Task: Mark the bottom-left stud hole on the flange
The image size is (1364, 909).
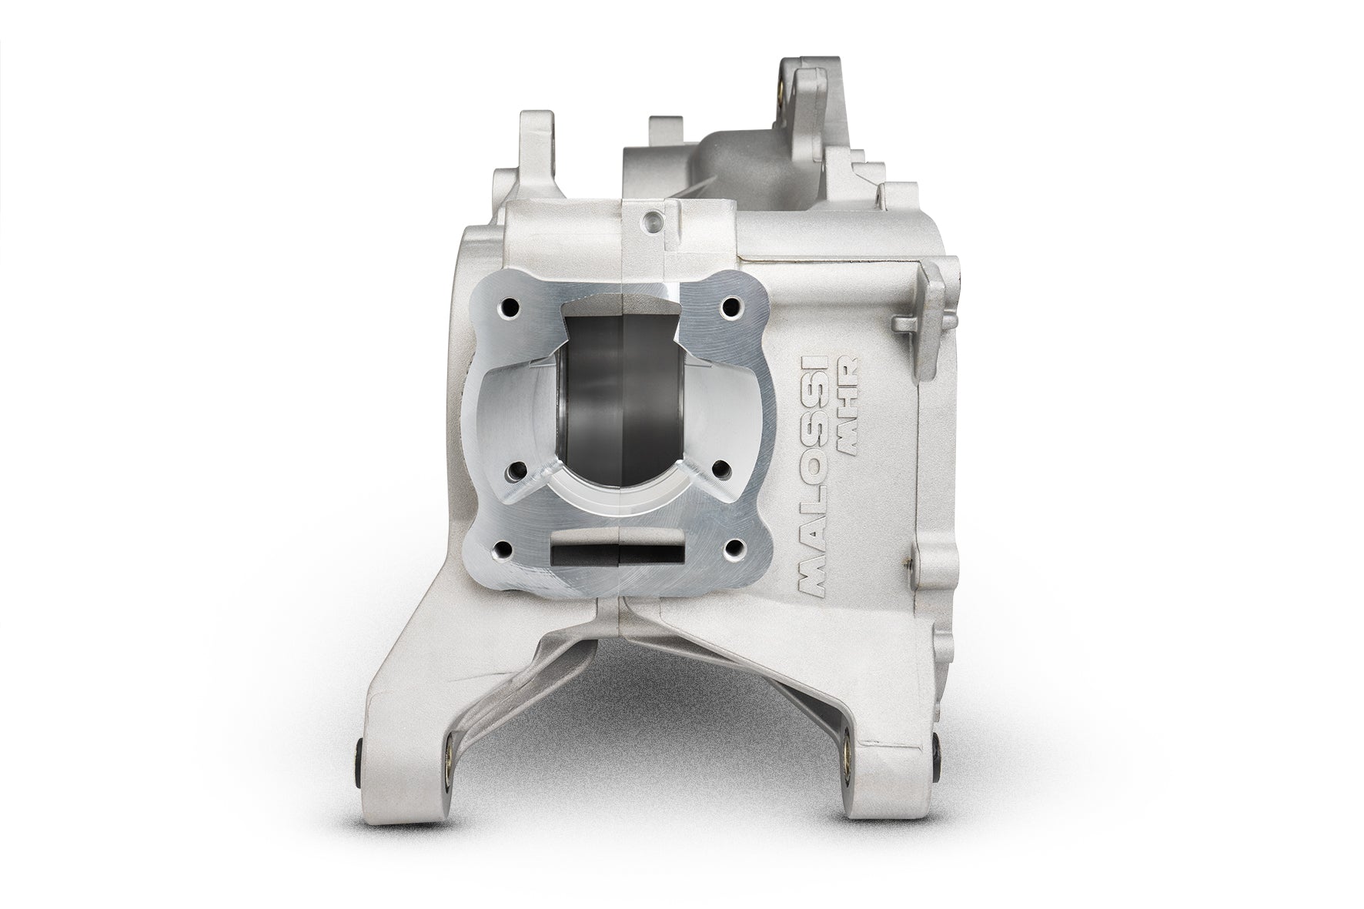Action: tap(505, 548)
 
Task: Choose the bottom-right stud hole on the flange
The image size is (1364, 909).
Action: tap(731, 548)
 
